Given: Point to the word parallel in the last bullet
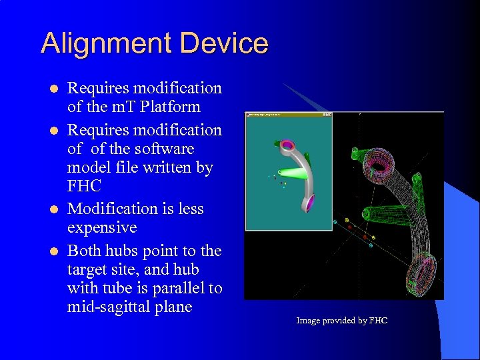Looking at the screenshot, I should click(174, 289).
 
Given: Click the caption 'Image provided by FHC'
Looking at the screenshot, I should click(341, 321).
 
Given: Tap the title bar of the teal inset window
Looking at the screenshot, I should click(288, 115).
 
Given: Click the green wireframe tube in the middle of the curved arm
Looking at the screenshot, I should click(377, 215).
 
